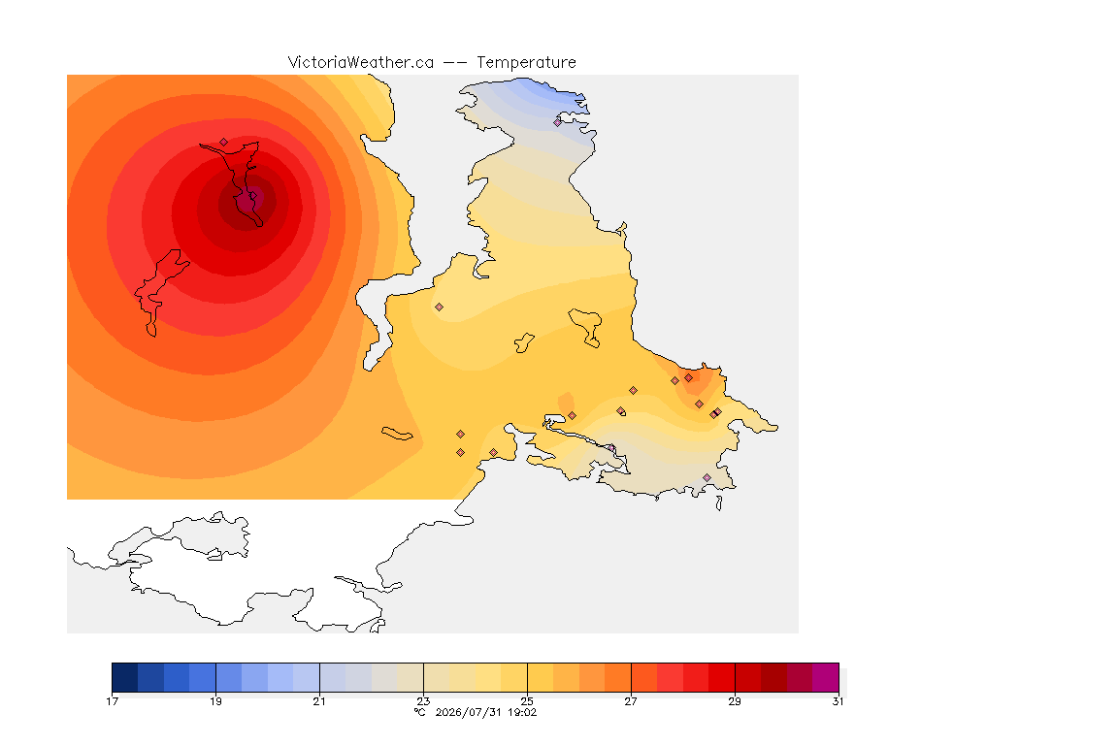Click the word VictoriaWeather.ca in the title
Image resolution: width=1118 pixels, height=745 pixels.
pos(361,63)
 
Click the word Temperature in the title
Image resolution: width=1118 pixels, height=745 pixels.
pos(526,63)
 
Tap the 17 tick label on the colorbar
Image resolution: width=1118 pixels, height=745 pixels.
pos(112,701)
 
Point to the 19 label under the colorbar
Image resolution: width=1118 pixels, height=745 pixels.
pos(215,701)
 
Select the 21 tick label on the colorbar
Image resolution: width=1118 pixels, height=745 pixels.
pos(319,701)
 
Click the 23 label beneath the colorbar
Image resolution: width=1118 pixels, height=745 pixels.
pos(423,701)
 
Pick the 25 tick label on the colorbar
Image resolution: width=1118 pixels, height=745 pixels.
pos(527,701)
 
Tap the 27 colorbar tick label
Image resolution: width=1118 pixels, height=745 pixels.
pos(631,701)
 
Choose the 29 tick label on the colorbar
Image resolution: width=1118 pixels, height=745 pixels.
pos(735,701)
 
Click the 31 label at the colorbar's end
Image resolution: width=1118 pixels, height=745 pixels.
pos(838,701)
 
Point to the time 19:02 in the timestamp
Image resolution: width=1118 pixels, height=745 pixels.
pos(522,712)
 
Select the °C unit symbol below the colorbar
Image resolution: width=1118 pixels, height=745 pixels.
pos(420,712)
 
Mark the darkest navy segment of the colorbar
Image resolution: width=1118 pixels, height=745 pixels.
pos(125,677)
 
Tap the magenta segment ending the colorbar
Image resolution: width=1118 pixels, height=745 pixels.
pos(826,677)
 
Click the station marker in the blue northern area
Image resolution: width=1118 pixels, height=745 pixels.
pos(558,122)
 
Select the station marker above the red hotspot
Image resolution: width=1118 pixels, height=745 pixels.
pos(224,143)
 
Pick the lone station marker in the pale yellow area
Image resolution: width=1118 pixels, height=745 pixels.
pos(440,308)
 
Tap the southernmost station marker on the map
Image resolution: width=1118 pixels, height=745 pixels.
pos(707,477)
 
